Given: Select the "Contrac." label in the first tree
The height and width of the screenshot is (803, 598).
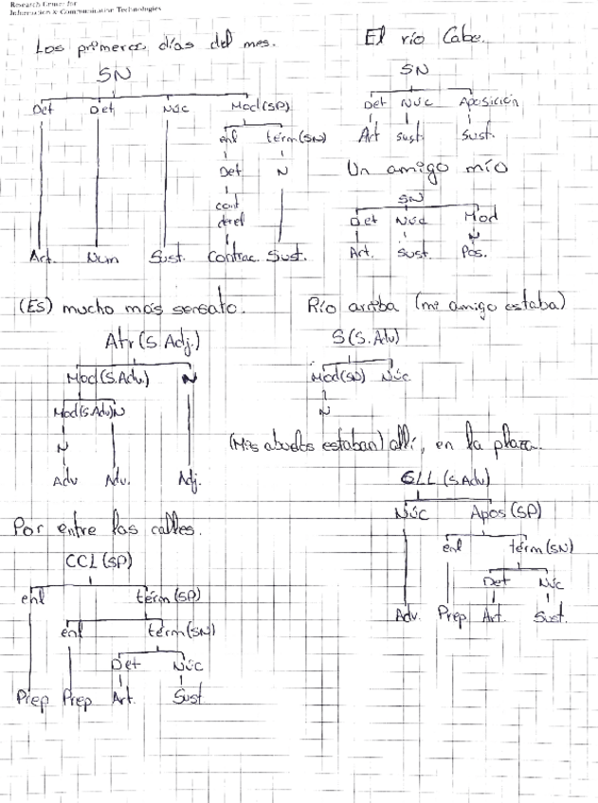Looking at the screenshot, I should [232, 256].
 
